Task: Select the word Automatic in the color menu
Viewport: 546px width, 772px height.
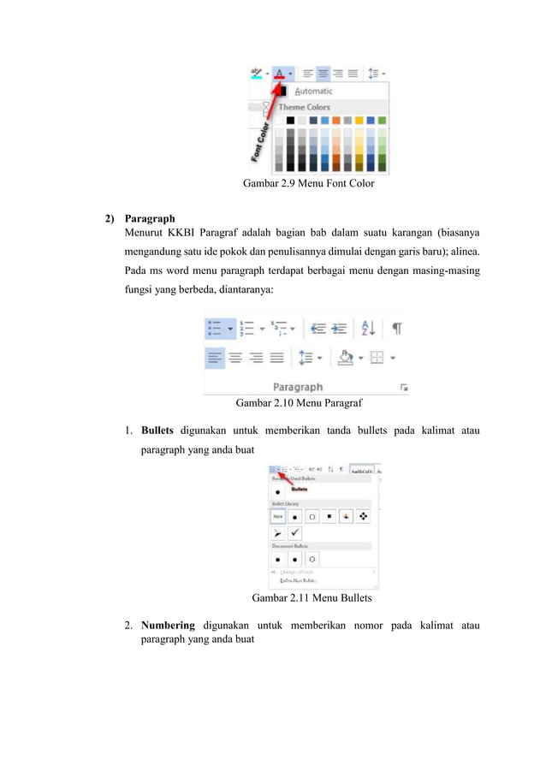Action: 313,91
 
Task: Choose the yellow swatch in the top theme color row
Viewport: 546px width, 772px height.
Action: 359,121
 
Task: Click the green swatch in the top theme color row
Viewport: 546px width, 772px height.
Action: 381,121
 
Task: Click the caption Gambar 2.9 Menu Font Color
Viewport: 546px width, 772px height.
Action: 308,183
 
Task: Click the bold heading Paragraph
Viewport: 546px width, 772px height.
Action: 150,218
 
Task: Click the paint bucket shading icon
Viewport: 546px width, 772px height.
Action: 346,358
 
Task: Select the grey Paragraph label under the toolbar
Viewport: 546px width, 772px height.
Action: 297,387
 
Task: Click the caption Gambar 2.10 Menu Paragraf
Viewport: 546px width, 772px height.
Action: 299,401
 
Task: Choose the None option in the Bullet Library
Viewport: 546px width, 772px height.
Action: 277,517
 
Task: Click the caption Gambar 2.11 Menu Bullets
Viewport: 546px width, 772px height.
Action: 312,598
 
